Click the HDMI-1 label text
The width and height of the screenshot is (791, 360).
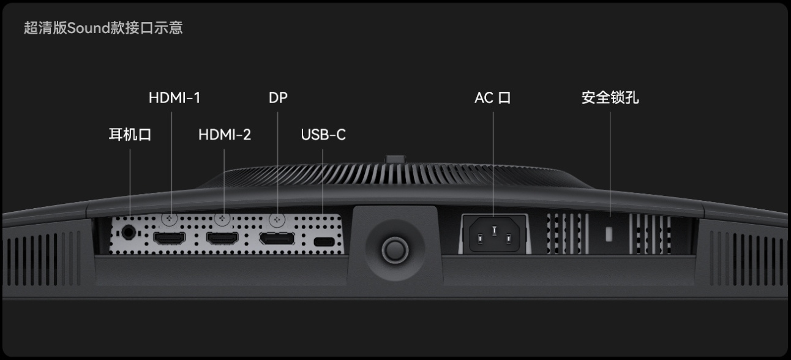click(x=174, y=98)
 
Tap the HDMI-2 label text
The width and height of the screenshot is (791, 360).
click(x=225, y=135)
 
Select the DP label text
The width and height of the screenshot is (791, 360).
click(x=278, y=98)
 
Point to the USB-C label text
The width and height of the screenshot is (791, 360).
click(x=323, y=135)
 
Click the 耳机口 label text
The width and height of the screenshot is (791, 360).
click(x=130, y=135)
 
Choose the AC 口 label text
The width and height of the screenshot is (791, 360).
click(x=493, y=98)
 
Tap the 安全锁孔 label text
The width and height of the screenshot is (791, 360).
click(x=610, y=97)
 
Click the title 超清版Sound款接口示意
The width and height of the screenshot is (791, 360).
click(x=103, y=28)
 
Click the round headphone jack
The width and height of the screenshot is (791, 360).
click(x=128, y=233)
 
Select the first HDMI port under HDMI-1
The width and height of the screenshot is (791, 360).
click(x=169, y=238)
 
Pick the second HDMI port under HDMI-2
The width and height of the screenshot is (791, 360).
click(x=222, y=238)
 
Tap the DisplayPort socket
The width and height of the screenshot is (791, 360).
click(x=277, y=239)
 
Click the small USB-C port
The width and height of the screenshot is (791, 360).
click(x=324, y=242)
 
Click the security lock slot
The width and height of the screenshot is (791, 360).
click(x=609, y=234)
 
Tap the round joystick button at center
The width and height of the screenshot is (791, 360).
click(x=395, y=250)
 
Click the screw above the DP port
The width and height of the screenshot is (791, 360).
click(x=277, y=219)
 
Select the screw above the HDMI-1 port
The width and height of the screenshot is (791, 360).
click(x=169, y=219)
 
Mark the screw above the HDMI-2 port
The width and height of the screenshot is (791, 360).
click(x=222, y=219)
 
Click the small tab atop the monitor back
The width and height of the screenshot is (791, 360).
click(x=395, y=159)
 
